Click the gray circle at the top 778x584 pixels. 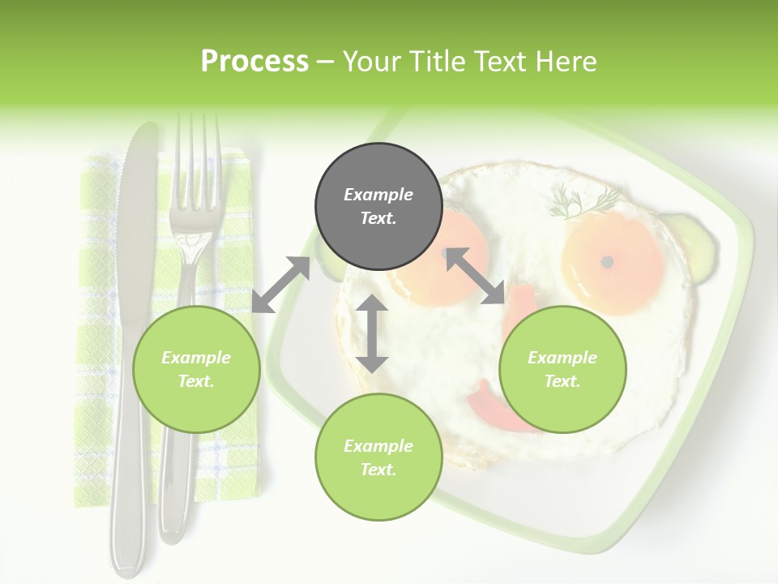pyautogui.click(x=378, y=207)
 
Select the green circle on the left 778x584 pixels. pyautogui.click(x=196, y=369)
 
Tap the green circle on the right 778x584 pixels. pyautogui.click(x=562, y=369)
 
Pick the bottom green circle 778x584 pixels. pyautogui.click(x=378, y=457)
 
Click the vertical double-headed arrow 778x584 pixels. pyautogui.click(x=372, y=334)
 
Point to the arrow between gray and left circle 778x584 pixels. pyautogui.click(x=281, y=285)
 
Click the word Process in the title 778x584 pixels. pyautogui.click(x=254, y=62)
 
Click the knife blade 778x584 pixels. pyautogui.click(x=134, y=227)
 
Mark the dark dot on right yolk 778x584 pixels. pyautogui.click(x=607, y=262)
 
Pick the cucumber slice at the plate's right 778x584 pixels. pyautogui.click(x=699, y=244)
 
